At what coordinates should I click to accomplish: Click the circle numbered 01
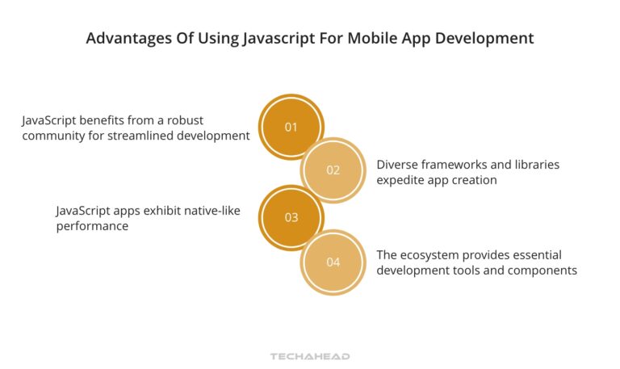click(291, 127)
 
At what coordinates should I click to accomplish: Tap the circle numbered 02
click(333, 170)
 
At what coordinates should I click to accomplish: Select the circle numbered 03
click(291, 217)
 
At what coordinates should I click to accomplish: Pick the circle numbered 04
click(333, 262)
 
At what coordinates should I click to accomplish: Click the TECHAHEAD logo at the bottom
click(309, 355)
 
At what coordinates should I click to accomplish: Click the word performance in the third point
click(93, 226)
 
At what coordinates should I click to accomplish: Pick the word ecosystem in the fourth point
click(433, 255)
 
